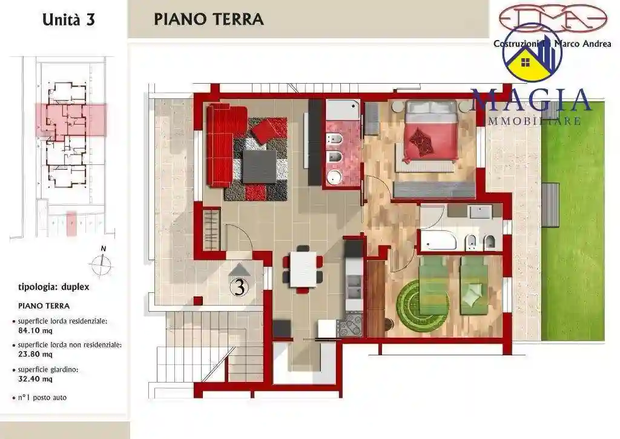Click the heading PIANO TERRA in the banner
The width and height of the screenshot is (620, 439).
pyautogui.click(x=208, y=19)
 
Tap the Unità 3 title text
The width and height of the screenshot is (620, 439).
pyautogui.click(x=68, y=19)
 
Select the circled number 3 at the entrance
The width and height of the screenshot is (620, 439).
pyautogui.click(x=239, y=288)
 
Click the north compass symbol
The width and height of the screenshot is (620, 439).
pyautogui.click(x=102, y=263)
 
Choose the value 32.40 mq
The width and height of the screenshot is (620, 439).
pyautogui.click(x=35, y=379)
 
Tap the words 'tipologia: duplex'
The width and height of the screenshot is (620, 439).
pyautogui.click(x=54, y=287)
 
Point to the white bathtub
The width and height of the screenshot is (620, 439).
pyautogui.click(x=438, y=241)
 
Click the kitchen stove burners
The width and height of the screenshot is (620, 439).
pyautogui.click(x=351, y=326)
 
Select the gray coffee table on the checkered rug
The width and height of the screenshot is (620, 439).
pyautogui.click(x=259, y=164)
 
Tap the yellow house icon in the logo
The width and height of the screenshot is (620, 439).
pyautogui.click(x=525, y=65)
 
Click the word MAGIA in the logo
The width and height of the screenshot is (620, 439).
pyautogui.click(x=531, y=101)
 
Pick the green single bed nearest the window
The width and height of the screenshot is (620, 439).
pyautogui.click(x=474, y=285)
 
